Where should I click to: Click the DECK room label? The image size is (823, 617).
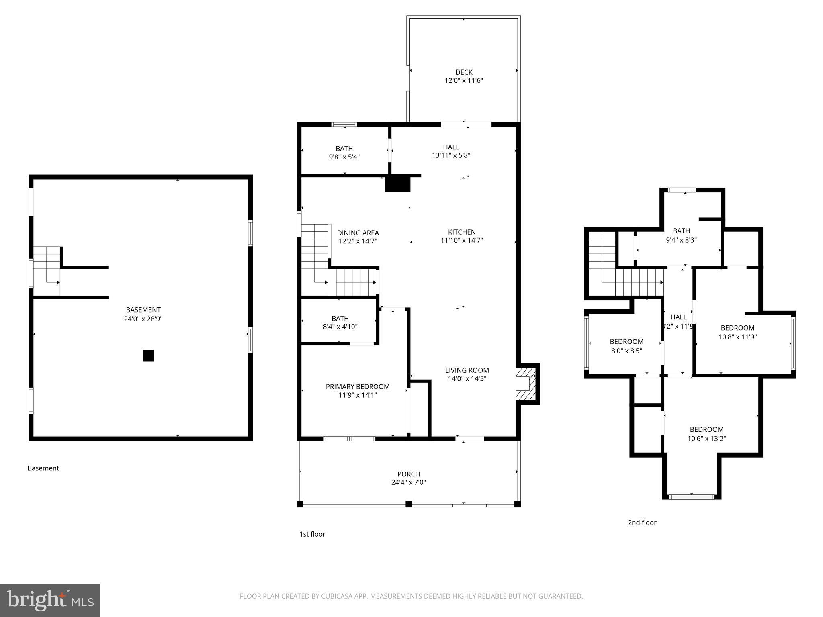(x=464, y=72)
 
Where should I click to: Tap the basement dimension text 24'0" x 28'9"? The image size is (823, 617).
(x=143, y=319)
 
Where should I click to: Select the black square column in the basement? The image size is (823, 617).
(x=148, y=355)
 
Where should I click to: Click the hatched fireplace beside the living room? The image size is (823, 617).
(x=526, y=384)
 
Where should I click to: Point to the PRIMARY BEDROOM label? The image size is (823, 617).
(x=358, y=386)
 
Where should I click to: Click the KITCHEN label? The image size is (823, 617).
(x=462, y=232)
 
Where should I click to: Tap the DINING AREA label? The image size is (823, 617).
(x=358, y=233)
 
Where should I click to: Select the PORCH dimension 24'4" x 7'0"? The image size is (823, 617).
(x=408, y=482)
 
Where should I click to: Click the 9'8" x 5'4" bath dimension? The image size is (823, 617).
(x=344, y=157)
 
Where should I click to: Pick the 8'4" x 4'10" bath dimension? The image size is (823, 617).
(x=340, y=327)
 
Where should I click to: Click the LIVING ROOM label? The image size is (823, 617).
(x=467, y=370)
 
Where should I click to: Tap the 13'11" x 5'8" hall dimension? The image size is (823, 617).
(x=451, y=155)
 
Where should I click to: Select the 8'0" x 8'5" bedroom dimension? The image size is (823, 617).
(x=626, y=351)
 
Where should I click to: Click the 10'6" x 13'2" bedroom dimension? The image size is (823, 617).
(x=706, y=438)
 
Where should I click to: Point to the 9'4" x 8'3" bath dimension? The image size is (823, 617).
(x=681, y=240)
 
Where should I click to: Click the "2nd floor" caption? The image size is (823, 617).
(x=642, y=523)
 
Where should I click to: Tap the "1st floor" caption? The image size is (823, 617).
(x=312, y=534)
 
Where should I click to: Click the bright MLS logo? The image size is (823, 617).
(x=50, y=600)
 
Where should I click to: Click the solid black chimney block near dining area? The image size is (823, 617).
(x=397, y=184)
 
